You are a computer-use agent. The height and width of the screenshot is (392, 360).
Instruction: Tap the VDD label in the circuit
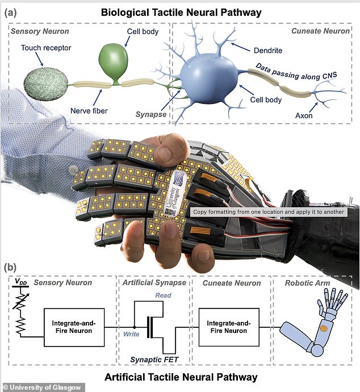tap(20, 281)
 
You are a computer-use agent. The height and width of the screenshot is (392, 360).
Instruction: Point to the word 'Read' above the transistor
tap(163, 295)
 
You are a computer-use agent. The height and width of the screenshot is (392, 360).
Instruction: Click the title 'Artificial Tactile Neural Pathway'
tap(180, 377)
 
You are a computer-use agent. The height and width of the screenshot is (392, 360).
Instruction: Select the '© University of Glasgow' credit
tap(43, 387)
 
